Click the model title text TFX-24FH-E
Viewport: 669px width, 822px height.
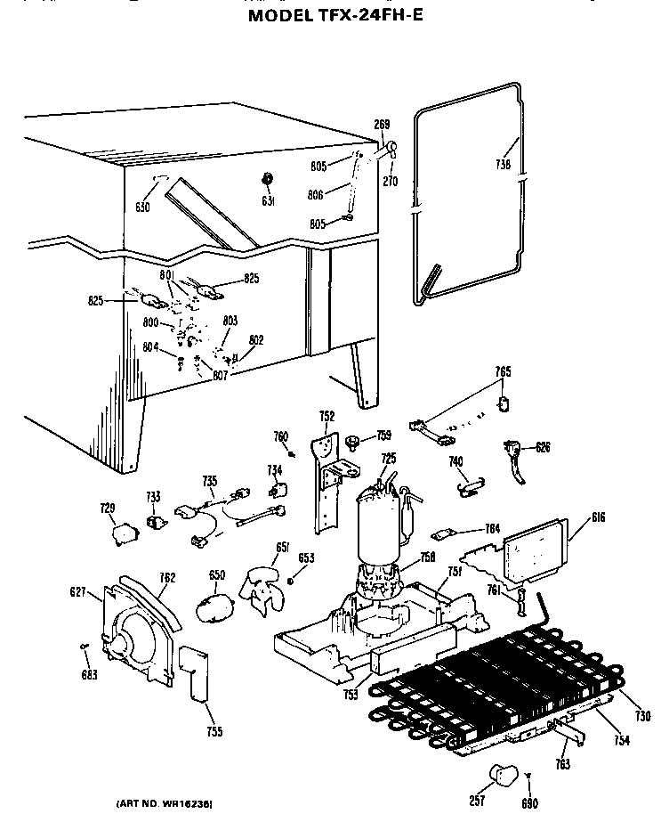click(335, 15)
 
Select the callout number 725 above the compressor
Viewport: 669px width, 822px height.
click(389, 458)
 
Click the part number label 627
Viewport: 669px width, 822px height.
click(77, 591)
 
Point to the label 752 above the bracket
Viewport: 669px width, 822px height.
click(326, 416)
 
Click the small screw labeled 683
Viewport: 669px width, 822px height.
click(84, 646)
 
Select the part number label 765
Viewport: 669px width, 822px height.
click(503, 370)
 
